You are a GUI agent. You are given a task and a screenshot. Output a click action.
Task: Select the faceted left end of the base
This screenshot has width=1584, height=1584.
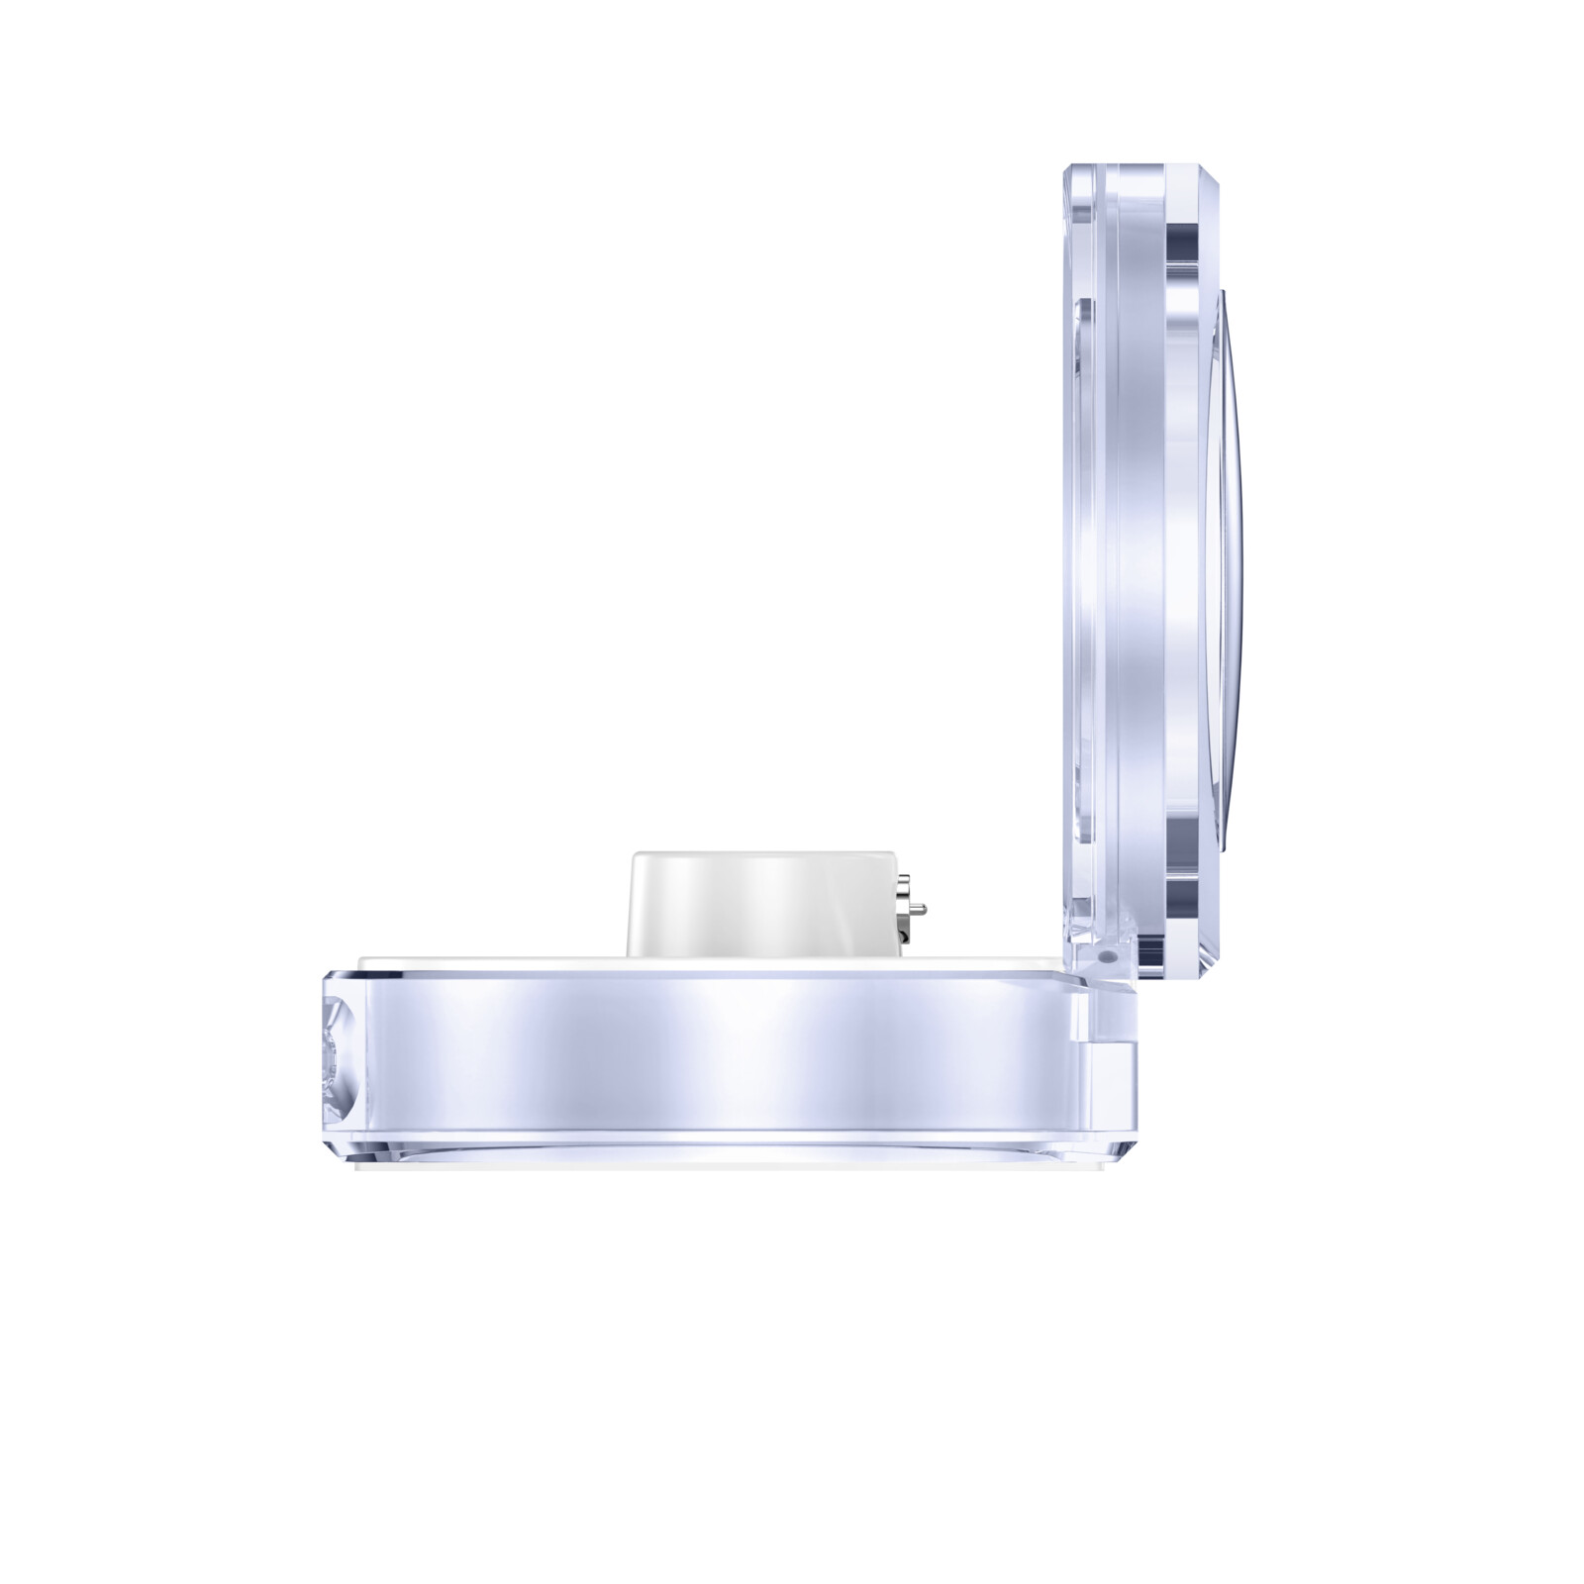coord(338,1054)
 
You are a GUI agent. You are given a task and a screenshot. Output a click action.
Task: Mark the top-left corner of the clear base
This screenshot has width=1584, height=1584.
coord(332,975)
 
